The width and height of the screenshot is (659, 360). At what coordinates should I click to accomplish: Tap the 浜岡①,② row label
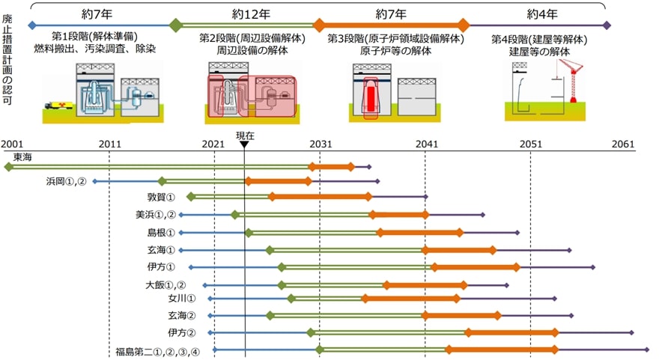67,181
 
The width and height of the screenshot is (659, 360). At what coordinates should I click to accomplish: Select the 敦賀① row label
161,198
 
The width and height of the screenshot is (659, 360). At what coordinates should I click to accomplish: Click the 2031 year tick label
321,144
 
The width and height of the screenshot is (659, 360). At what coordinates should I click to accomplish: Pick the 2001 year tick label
13,144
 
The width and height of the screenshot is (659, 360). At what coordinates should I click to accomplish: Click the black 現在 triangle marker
244,145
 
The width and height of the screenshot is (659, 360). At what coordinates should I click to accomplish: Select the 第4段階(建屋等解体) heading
539,37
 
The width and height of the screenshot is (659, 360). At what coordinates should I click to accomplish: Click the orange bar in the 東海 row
332,166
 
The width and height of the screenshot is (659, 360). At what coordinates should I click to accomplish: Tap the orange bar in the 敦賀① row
320,197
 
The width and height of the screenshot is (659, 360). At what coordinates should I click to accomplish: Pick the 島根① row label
161,233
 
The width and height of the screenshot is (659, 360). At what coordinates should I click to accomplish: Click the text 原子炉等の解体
395,51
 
